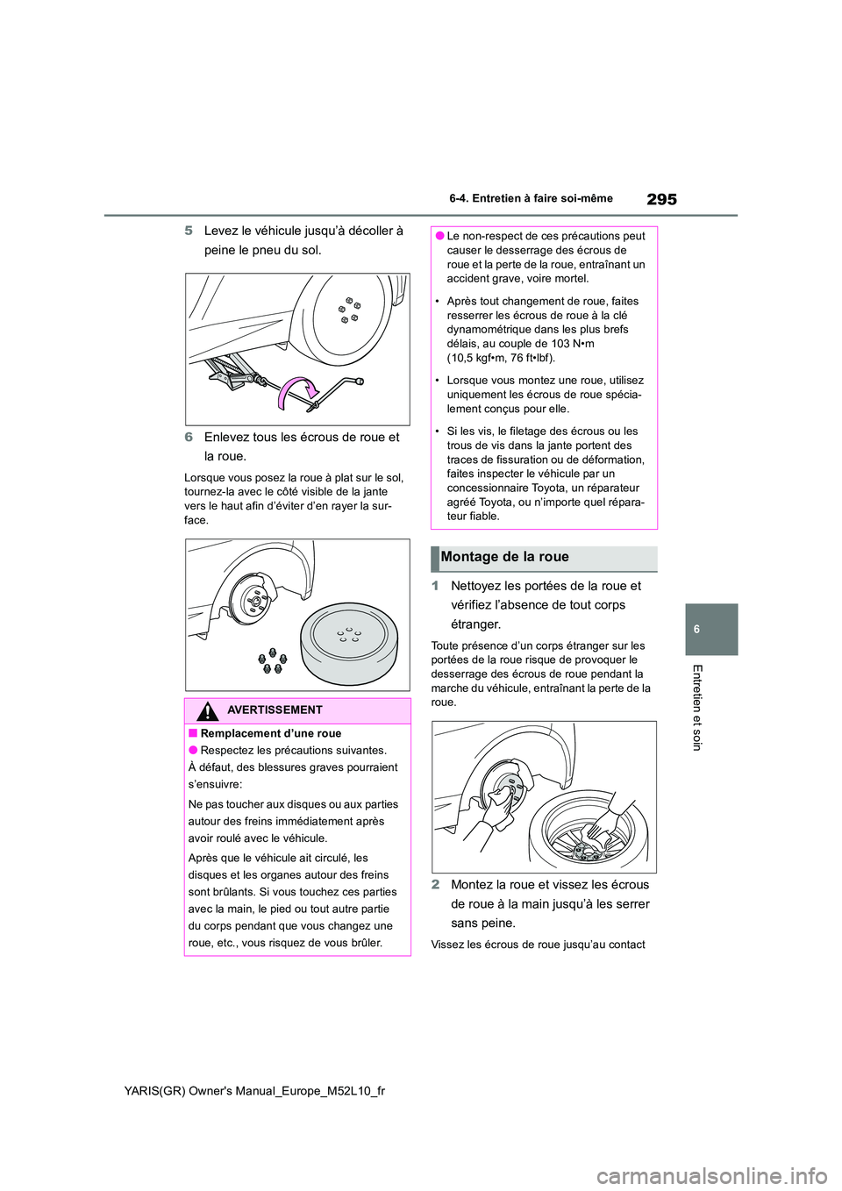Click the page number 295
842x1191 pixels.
661,199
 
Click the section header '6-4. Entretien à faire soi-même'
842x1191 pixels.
531,199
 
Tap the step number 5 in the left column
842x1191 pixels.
189,231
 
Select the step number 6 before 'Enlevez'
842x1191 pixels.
189,437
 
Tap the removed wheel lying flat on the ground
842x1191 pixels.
348,638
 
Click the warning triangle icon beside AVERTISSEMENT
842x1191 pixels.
209,710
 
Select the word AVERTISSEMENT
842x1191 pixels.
275,710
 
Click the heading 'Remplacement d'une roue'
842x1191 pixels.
270,733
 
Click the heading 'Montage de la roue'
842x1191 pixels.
504,557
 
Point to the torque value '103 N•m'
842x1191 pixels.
573,344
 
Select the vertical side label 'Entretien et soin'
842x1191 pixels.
697,707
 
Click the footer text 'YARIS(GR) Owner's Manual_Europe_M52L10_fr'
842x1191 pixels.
254,1090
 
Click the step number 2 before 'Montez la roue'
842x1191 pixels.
435,885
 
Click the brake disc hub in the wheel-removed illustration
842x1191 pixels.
253,600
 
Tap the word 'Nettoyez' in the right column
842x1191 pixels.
476,586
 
